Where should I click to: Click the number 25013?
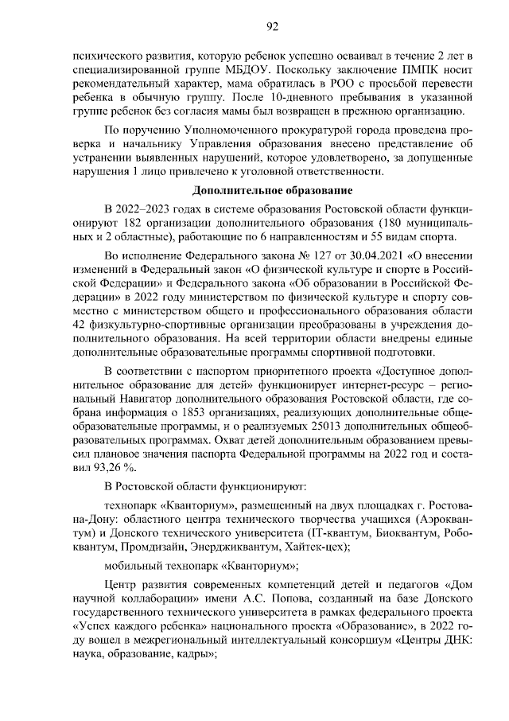(313, 418)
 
